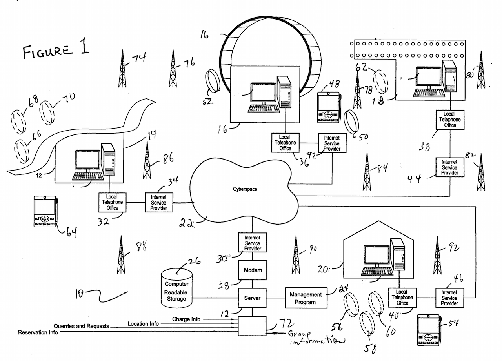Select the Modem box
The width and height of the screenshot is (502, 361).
[x=253, y=270]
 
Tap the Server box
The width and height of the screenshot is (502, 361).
[x=253, y=298]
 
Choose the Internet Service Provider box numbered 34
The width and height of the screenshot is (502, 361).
[x=158, y=203]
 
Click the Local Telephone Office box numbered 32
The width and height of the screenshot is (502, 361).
[x=112, y=202]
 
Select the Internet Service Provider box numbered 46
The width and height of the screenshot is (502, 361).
[x=449, y=298]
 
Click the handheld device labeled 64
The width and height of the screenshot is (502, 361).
[x=45, y=211]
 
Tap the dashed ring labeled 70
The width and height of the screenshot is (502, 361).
[x=47, y=112]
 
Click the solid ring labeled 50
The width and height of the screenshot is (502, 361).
[x=351, y=123]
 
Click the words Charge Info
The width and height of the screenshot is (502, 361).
[x=186, y=319]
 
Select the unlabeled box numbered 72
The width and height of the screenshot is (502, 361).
[x=252, y=326]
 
